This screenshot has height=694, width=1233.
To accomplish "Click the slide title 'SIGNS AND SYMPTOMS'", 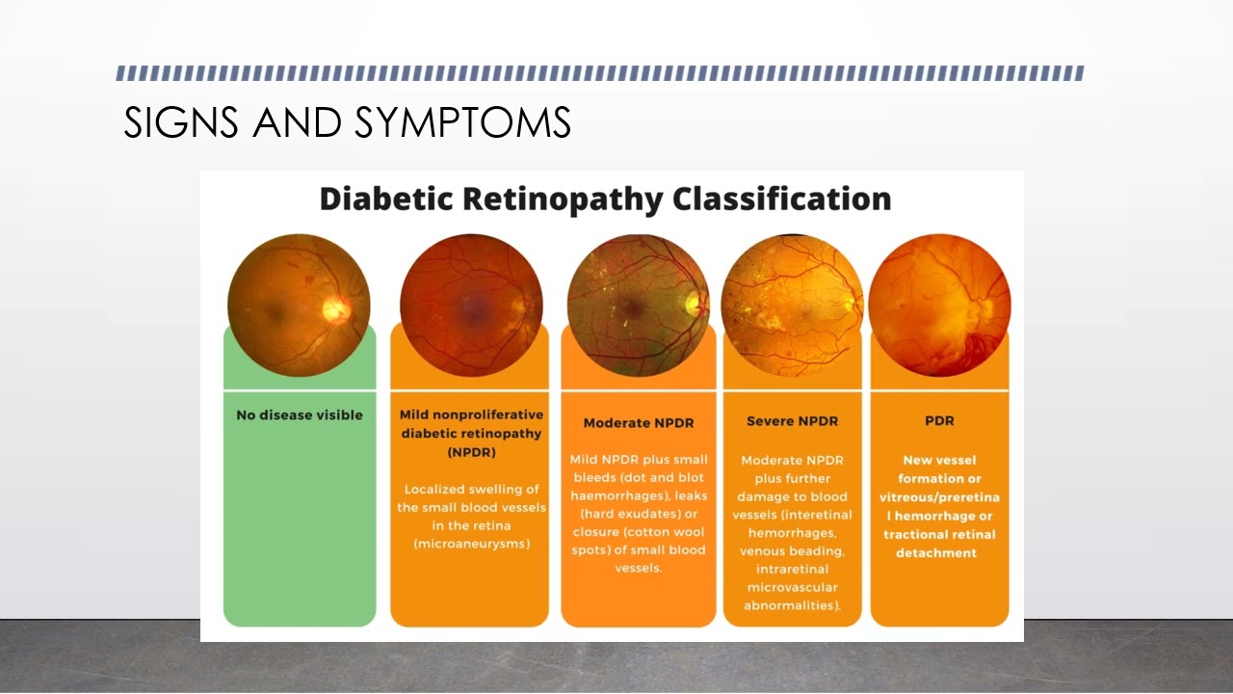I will (347, 123).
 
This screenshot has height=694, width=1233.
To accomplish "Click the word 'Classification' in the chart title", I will (781, 199).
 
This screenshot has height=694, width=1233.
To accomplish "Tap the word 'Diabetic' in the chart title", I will (386, 199).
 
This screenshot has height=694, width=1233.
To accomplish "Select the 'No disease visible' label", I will (300, 415).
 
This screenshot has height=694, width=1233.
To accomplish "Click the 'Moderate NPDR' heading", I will (639, 423).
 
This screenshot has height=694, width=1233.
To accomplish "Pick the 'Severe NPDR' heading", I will (792, 421).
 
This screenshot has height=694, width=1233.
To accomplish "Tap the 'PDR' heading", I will (939, 421).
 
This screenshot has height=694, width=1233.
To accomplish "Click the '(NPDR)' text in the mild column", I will (471, 452).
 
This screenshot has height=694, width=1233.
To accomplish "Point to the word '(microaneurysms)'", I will (471, 545).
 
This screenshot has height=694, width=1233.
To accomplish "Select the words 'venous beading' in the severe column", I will (791, 551).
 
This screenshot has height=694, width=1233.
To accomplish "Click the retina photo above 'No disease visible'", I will (299, 305).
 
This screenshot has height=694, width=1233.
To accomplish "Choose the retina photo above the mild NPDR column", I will (471, 305).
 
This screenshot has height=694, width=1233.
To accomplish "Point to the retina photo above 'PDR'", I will (939, 305).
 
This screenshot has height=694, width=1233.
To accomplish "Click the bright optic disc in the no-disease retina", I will (336, 308).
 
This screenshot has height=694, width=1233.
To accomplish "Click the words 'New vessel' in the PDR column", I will (939, 461).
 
